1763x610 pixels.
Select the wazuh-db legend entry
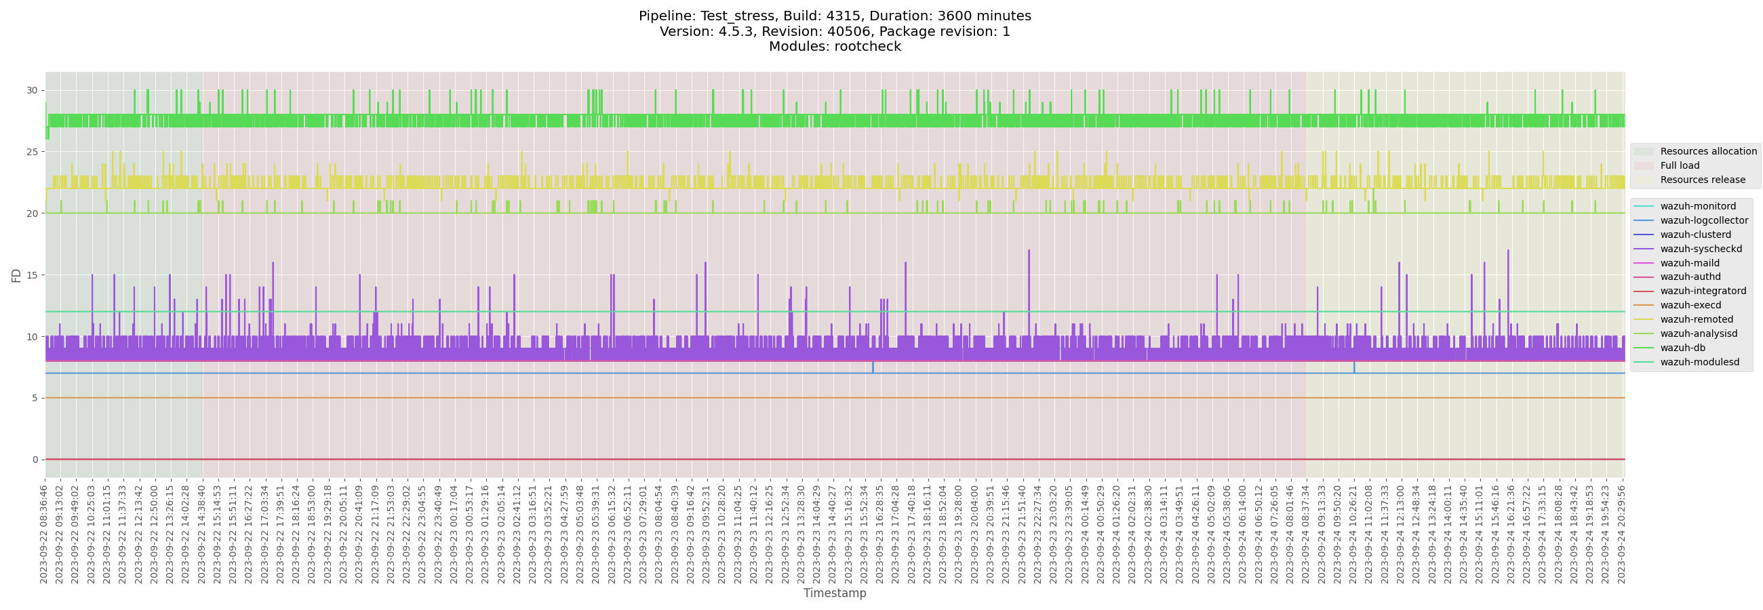tap(1682, 348)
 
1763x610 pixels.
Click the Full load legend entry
tap(1680, 165)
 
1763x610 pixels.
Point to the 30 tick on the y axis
tap(31, 90)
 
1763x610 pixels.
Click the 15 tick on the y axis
tap(31, 275)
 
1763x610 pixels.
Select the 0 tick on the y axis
tap(35, 460)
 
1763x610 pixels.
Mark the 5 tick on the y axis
tap(35, 398)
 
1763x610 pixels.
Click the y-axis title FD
tap(16, 275)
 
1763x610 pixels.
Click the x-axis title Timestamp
tap(834, 593)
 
